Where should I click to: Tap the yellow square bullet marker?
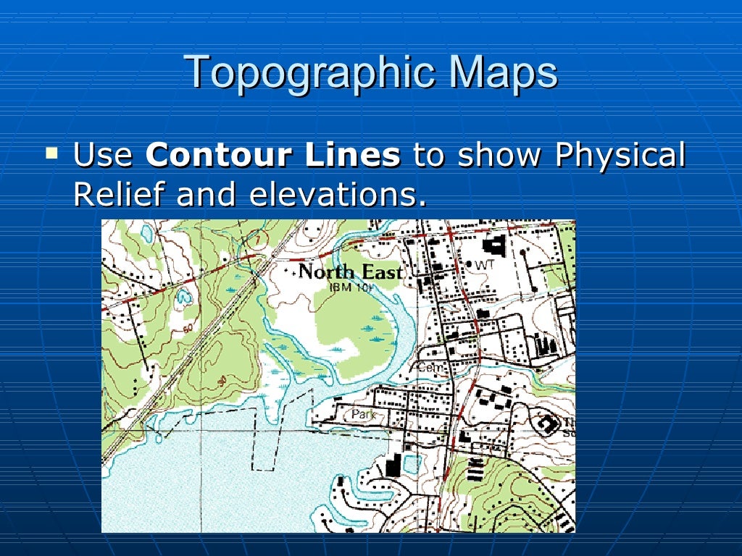[51, 152]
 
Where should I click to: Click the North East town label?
[350, 272]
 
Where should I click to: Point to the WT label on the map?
[484, 266]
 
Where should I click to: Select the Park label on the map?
[361, 414]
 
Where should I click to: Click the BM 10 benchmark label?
[351, 287]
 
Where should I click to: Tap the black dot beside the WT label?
[469, 265]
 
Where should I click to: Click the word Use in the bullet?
[104, 156]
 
